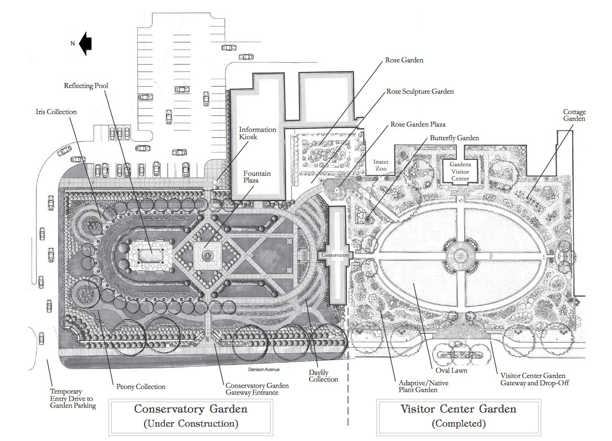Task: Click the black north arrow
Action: coord(86,43)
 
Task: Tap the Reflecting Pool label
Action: coord(86,86)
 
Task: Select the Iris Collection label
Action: coord(56,112)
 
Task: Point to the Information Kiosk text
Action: coord(257,133)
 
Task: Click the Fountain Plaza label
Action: coord(257,177)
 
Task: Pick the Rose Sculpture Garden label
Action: coord(420,91)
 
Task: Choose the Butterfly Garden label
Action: coord(454,138)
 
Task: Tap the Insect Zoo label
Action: coord(381,165)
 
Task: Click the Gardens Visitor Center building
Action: coord(460,171)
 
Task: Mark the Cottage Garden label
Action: coord(574,115)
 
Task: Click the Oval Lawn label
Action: coord(451,370)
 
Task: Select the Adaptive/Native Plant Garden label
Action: coord(423,386)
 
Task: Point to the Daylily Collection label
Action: coord(323,376)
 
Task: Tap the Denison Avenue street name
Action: coord(264,369)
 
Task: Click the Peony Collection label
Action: coord(141,387)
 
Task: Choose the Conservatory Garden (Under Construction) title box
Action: coord(191,417)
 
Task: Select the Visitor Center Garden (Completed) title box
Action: coord(458,417)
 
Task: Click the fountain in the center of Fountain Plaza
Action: coord(207,256)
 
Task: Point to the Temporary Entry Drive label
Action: coord(73,399)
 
